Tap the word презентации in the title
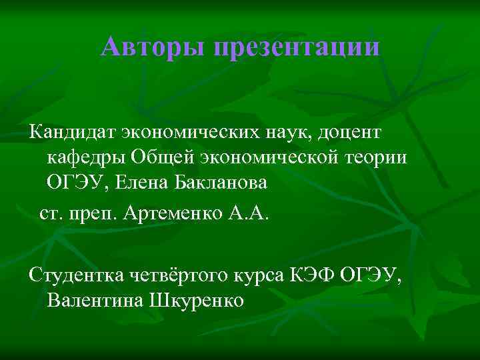point(297,48)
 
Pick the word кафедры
point(86,157)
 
